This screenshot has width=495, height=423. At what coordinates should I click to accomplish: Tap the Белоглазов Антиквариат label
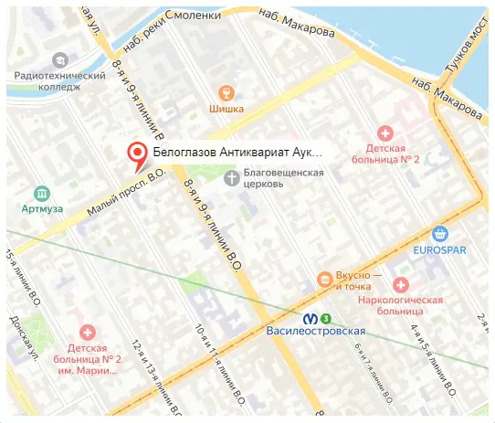coord(237,153)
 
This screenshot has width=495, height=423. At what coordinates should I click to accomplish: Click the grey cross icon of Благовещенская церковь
coord(232,176)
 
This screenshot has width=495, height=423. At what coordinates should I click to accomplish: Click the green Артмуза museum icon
coord(41,193)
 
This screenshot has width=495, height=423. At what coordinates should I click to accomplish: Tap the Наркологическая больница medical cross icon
coord(399,283)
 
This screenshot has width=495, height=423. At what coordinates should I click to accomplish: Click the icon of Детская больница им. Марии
coord(87,333)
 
